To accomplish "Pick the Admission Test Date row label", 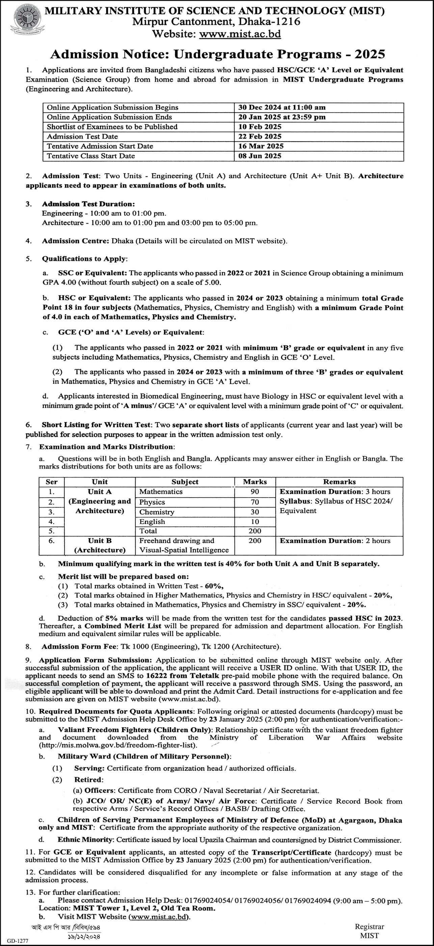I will pyautogui.click(x=83, y=136).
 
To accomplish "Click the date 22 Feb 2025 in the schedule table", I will pyautogui.click(x=260, y=136).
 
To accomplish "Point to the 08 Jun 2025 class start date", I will pyautogui.click(x=260, y=156).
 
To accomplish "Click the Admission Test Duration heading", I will pyautogui.click(x=88, y=204).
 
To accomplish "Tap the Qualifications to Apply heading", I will pyautogui.click(x=84, y=258).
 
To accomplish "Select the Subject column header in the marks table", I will pyautogui.click(x=185, y=482).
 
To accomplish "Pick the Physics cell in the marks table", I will pyautogui.click(x=152, y=502).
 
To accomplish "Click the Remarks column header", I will pyautogui.click(x=340, y=482).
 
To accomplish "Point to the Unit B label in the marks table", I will pyautogui.click(x=100, y=541).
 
